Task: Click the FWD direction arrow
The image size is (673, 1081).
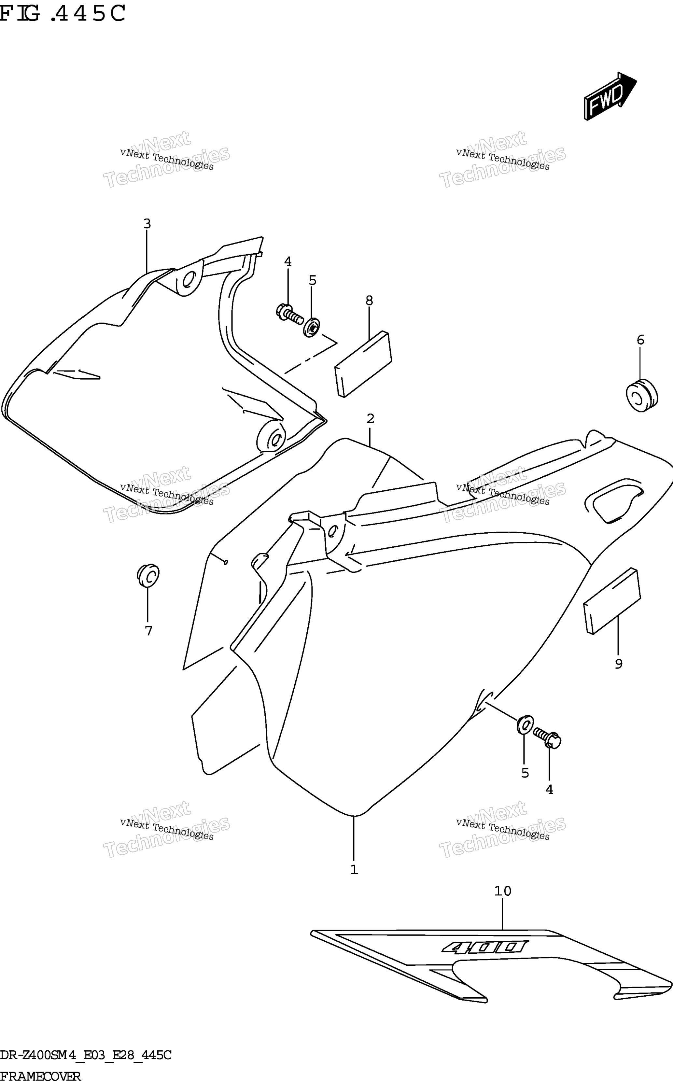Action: pos(610,96)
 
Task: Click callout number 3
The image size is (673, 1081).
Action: pos(147,224)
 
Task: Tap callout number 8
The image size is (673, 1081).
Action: pos(370,301)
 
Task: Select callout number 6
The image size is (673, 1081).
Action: pos(640,340)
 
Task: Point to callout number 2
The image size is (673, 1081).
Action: pos(370,419)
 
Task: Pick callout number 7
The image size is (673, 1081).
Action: pos(149,631)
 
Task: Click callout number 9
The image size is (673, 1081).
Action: pos(619,664)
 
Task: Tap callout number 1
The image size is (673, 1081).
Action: pos(354,870)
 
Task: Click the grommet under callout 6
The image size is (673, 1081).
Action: pos(641,396)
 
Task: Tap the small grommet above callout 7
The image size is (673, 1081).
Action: pos(148,576)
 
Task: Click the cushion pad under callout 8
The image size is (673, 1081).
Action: pos(364,364)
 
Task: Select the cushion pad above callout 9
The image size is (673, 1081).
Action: pos(612,601)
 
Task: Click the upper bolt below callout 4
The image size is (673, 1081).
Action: pos(289,313)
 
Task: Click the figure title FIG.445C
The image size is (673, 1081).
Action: pos(62,14)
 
